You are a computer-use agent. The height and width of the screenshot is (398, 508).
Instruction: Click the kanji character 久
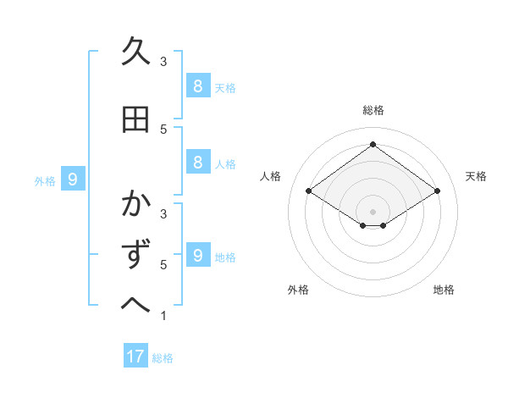click(x=135, y=53)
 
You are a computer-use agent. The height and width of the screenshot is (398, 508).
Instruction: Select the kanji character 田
click(x=135, y=120)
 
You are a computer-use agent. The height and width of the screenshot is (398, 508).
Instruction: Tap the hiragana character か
click(x=135, y=206)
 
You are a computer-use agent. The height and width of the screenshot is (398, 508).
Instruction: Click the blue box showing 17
click(x=135, y=357)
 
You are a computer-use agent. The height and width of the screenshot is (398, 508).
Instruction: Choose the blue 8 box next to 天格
click(x=197, y=86)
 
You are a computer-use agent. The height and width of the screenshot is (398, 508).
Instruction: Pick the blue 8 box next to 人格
click(x=197, y=163)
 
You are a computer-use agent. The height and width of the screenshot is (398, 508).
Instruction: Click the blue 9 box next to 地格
click(x=197, y=255)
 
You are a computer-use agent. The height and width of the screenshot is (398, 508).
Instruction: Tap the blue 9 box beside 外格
click(x=73, y=179)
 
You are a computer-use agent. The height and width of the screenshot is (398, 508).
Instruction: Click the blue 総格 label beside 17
click(x=163, y=358)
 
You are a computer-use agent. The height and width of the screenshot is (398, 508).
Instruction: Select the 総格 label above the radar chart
click(x=373, y=110)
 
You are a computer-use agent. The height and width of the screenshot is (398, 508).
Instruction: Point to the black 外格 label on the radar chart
click(x=298, y=290)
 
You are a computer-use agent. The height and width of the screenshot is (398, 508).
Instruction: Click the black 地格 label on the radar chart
click(x=444, y=290)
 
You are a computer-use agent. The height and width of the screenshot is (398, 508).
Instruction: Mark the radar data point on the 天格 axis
click(x=437, y=191)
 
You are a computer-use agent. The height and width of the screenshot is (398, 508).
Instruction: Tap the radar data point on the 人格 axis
click(x=309, y=191)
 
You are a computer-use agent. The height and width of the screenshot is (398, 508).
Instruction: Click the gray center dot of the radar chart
click(x=373, y=211)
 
